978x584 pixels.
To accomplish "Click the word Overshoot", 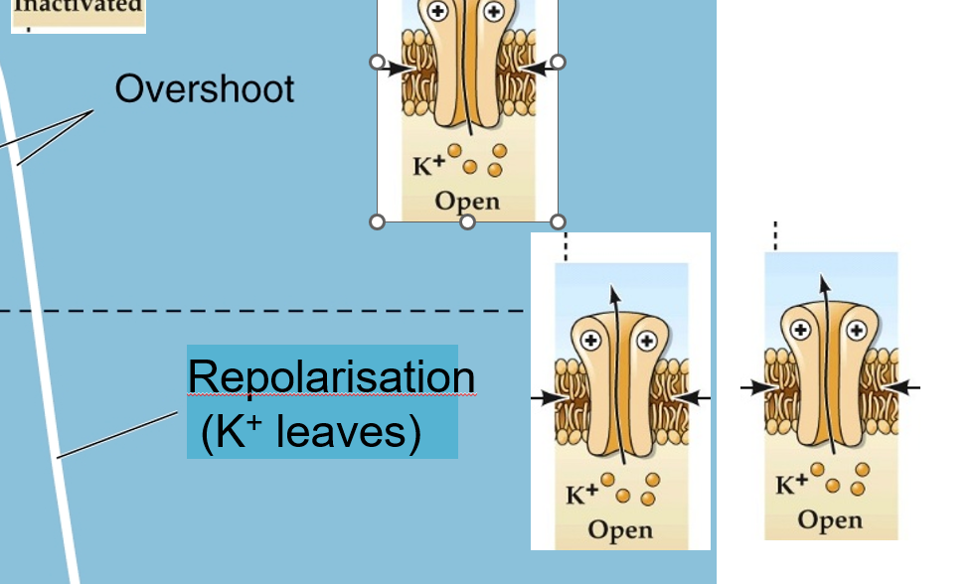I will tap(205, 89).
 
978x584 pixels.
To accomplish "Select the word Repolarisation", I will tap(330, 377).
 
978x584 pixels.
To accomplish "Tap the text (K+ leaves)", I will tap(310, 433).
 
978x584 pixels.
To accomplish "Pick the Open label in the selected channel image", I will tap(467, 202).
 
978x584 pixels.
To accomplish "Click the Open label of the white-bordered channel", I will tap(620, 529).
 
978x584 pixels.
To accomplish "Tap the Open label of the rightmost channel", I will tap(830, 519).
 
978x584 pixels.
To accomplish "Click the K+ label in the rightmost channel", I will tap(791, 485).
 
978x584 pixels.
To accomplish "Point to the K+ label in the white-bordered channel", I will tap(581, 495).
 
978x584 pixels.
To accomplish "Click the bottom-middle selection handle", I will tap(467, 221).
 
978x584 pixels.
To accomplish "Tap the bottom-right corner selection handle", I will tap(558, 221).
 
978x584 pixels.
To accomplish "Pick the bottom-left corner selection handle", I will tap(377, 221).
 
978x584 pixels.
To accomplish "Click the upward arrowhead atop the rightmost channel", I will tap(823, 281).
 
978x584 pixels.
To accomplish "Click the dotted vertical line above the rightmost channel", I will tap(775, 236).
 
